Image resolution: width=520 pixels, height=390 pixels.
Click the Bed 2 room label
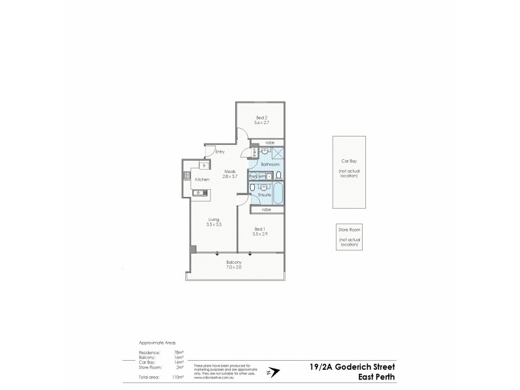tap(260, 117)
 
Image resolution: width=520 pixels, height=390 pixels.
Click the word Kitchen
tap(202, 179)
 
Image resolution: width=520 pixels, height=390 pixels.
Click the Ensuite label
tap(264, 195)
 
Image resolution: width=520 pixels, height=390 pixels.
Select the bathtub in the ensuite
tap(278, 192)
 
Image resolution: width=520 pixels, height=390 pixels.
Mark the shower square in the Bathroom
tap(277, 153)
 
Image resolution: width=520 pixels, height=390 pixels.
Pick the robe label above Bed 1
tap(266, 209)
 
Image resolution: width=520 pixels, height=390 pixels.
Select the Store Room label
tap(348, 230)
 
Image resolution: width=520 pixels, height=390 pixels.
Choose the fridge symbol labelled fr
tap(203, 165)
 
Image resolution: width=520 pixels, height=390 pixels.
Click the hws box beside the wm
tap(253, 176)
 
